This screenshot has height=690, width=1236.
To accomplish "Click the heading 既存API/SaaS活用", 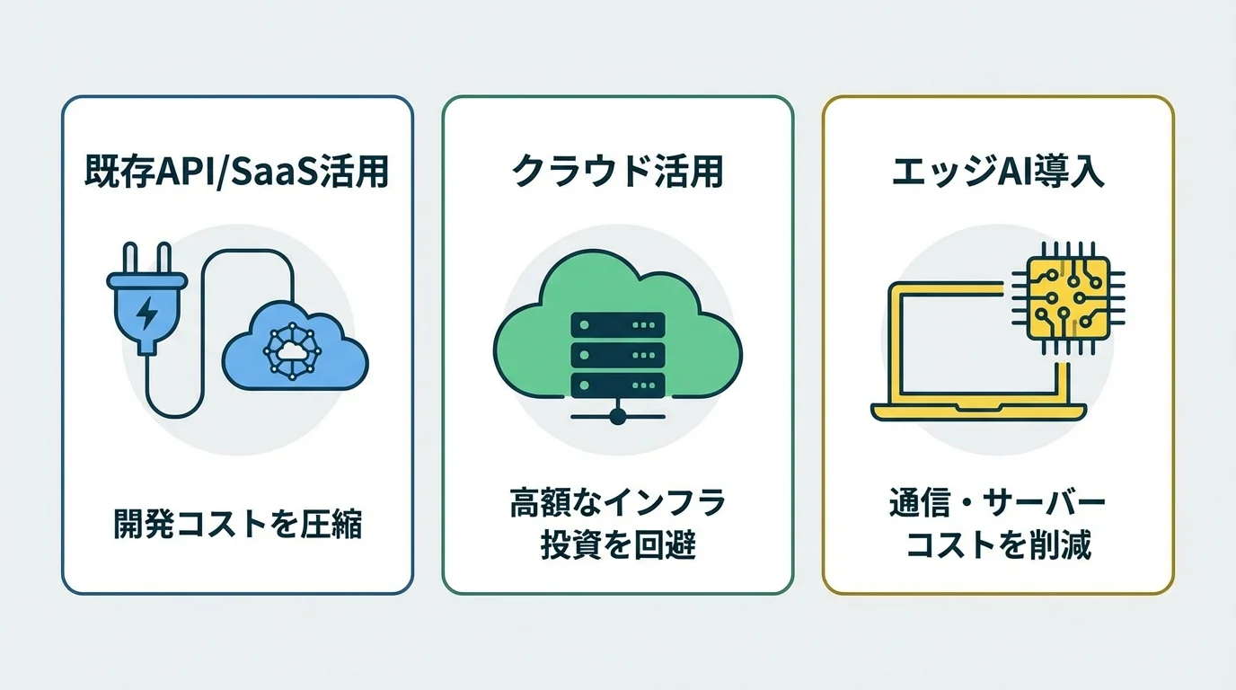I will tap(237, 172).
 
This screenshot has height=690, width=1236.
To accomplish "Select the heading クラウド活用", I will tap(617, 172).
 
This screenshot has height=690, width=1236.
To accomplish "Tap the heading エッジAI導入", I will tap(998, 172).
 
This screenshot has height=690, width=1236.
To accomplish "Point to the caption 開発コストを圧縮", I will tap(237, 524).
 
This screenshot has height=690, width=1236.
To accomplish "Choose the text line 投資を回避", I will tap(617, 545).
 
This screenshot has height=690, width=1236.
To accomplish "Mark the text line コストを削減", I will tap(998, 545).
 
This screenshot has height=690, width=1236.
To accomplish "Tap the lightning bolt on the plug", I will tap(146, 313).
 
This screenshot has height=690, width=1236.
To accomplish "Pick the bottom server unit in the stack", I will tap(617, 385).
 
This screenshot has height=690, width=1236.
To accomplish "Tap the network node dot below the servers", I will tap(617, 415).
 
